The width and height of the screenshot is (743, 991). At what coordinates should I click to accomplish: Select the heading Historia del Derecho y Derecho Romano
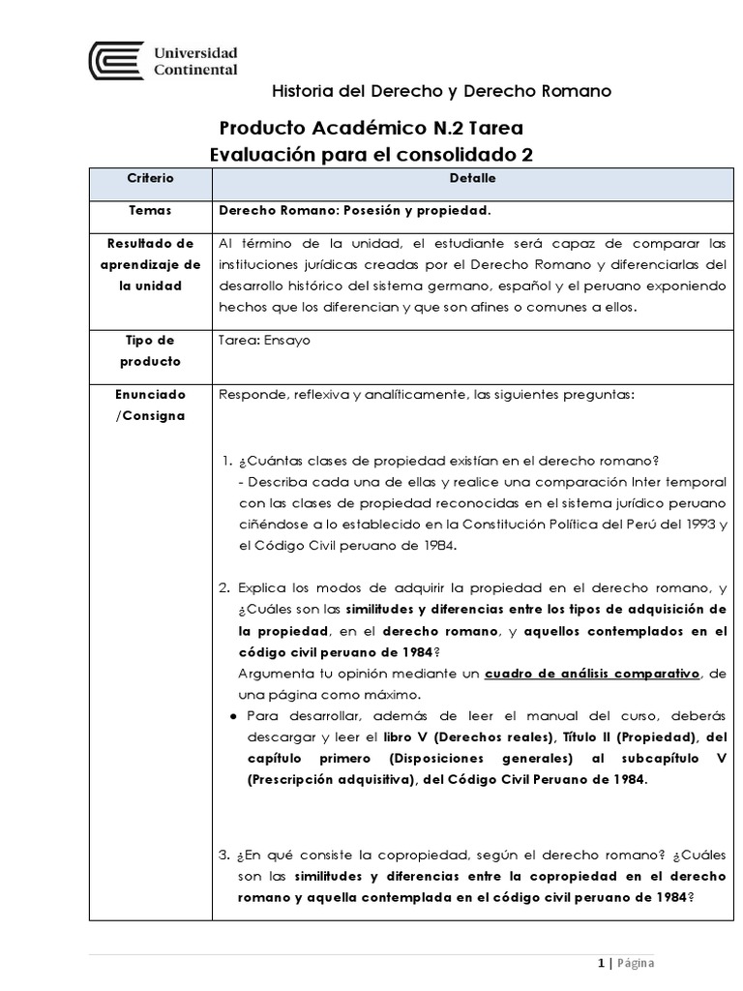(x=441, y=91)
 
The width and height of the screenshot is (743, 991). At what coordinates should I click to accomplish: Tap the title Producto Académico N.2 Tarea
(x=372, y=128)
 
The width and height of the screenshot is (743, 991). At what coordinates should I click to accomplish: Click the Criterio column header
(x=150, y=179)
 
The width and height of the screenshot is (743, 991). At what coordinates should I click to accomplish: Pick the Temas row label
(x=150, y=209)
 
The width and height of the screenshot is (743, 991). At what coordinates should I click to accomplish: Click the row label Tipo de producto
(x=150, y=350)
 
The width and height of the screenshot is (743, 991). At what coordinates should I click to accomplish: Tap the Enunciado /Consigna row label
(x=150, y=405)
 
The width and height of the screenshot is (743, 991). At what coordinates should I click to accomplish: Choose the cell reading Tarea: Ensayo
(x=265, y=341)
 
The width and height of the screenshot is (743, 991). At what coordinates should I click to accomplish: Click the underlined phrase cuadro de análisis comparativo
(x=594, y=673)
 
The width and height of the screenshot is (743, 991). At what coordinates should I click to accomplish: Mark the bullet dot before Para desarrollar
(x=235, y=716)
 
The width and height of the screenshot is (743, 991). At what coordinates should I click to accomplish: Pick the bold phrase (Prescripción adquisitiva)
(x=327, y=779)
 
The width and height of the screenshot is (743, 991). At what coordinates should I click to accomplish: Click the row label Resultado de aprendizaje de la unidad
(x=150, y=264)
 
